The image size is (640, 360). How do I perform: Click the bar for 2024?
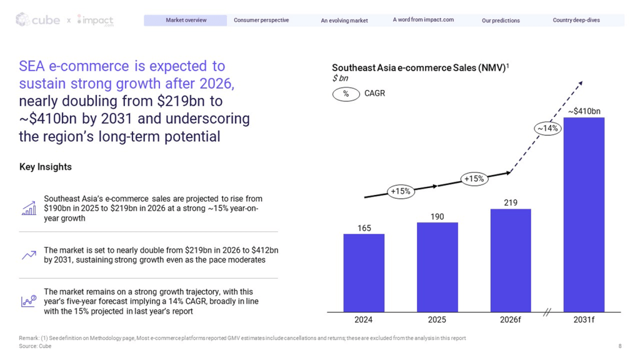pyautogui.click(x=364, y=273)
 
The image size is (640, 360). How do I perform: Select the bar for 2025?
pyautogui.click(x=437, y=267)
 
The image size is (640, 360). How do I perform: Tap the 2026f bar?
pyautogui.click(x=511, y=261)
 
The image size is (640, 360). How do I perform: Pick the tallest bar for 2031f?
pyautogui.click(x=584, y=215)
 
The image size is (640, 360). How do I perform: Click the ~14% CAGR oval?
pyautogui.click(x=547, y=129)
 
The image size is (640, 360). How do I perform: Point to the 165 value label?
pyautogui.click(x=364, y=228)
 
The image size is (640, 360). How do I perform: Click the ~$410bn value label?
pyautogui.click(x=584, y=111)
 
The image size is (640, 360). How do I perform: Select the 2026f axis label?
pyautogui.click(x=510, y=319)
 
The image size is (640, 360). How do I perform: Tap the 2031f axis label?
pyautogui.click(x=584, y=319)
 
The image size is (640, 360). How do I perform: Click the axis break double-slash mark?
pyautogui.click(x=547, y=312)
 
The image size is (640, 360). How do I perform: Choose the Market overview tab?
pyautogui.click(x=186, y=20)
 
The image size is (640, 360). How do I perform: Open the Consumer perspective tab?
pyautogui.click(x=261, y=20)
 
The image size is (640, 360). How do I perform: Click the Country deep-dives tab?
pyautogui.click(x=576, y=20)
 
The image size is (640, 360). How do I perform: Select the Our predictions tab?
pyautogui.click(x=501, y=21)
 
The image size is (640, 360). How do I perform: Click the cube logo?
pyautogui.click(x=37, y=19)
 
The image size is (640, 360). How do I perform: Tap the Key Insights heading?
pyautogui.click(x=45, y=167)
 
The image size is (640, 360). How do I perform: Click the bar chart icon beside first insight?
pyautogui.click(x=29, y=208)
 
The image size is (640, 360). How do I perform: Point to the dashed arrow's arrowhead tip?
pyautogui.click(x=582, y=82)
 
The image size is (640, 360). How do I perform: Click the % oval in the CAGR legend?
pyautogui.click(x=346, y=94)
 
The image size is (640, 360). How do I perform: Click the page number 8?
pyautogui.click(x=620, y=346)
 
